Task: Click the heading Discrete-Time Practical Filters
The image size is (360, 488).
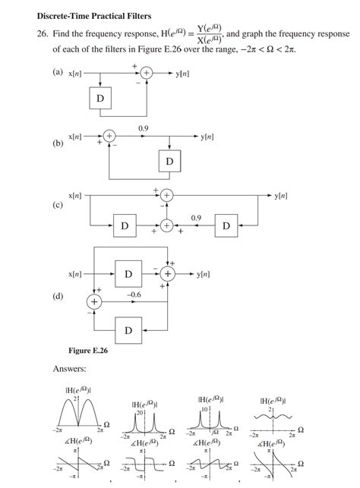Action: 93,16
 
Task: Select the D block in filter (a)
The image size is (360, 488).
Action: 99,99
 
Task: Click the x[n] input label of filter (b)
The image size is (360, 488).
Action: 76,137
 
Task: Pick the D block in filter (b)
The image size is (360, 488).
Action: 169,162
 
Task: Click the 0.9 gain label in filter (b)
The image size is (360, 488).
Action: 143,128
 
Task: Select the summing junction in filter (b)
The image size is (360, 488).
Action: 109,137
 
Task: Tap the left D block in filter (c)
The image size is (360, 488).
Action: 124,225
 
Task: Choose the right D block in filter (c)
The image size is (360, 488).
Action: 226,225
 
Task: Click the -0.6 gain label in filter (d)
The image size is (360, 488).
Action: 134,293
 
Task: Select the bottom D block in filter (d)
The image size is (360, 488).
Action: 128,330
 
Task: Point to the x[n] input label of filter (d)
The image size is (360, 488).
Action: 76,273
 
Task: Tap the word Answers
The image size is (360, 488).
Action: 69,369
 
